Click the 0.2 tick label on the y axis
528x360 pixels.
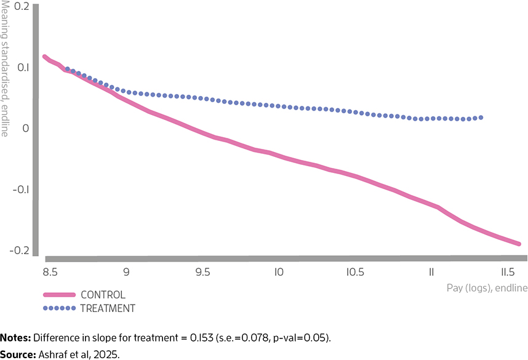tap(22, 6)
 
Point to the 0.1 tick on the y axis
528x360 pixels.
tap(23, 67)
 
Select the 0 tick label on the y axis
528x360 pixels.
tap(26, 128)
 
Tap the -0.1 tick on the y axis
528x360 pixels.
tap(21, 190)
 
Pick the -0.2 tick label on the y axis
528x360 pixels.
tap(19, 250)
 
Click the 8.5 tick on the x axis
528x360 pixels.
tap(50, 272)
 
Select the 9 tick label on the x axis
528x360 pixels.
tap(126, 272)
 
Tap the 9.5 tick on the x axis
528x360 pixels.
tap(202, 272)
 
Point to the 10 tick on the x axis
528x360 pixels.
tap(279, 272)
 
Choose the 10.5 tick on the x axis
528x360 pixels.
tap(355, 272)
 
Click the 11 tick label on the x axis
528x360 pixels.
tap(431, 272)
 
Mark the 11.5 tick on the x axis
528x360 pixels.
tap(508, 272)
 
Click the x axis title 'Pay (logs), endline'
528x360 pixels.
tap(487, 288)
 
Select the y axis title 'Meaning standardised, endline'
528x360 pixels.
tap(4, 68)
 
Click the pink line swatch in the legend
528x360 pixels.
tap(59, 295)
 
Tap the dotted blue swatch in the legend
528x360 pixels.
tap(59, 308)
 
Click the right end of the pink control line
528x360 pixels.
tap(519, 244)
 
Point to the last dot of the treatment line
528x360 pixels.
tap(481, 118)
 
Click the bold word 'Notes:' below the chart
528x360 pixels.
tap(15, 338)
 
